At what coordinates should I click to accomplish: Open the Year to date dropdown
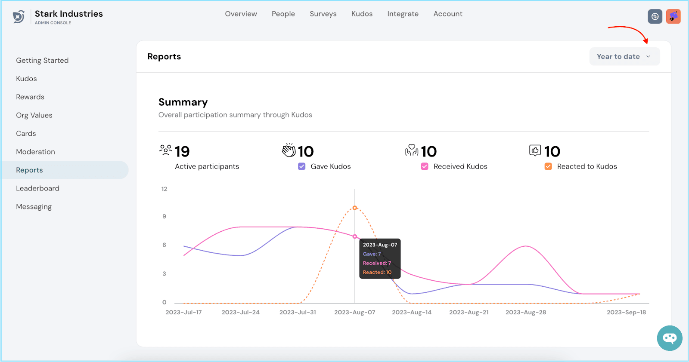tap(624, 57)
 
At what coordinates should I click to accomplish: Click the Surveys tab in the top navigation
tap(323, 14)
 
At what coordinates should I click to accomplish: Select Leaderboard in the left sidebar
tap(37, 188)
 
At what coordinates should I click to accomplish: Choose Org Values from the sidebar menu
tap(34, 115)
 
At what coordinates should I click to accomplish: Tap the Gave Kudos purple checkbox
tap(302, 166)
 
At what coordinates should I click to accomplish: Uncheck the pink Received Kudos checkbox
tap(425, 166)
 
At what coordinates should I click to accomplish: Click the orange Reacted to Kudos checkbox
tap(548, 166)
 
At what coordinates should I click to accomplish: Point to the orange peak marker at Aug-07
tap(355, 208)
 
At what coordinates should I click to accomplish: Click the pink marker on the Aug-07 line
tap(355, 236)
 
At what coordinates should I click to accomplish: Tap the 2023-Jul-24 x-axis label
tap(240, 313)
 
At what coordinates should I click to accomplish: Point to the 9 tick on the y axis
tap(164, 216)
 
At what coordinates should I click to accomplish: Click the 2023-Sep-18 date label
tap(626, 313)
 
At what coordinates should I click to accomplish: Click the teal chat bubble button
tap(670, 338)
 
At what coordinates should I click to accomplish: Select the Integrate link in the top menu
tap(403, 14)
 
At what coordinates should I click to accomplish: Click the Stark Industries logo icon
tap(19, 17)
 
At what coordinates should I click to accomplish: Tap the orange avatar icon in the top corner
tap(673, 16)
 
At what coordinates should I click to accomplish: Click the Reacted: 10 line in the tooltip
tap(377, 272)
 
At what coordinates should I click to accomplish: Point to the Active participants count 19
tap(182, 151)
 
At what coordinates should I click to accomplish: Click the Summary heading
tap(183, 102)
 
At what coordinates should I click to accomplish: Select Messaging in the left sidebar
tap(34, 207)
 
